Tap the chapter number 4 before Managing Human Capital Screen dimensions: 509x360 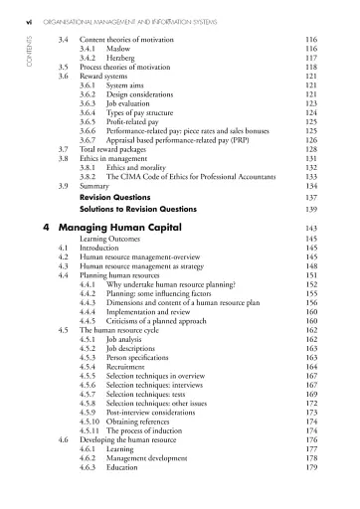[50, 228]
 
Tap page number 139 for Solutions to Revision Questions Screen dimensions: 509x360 [311, 212]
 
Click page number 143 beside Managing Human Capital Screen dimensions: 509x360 [311, 229]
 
